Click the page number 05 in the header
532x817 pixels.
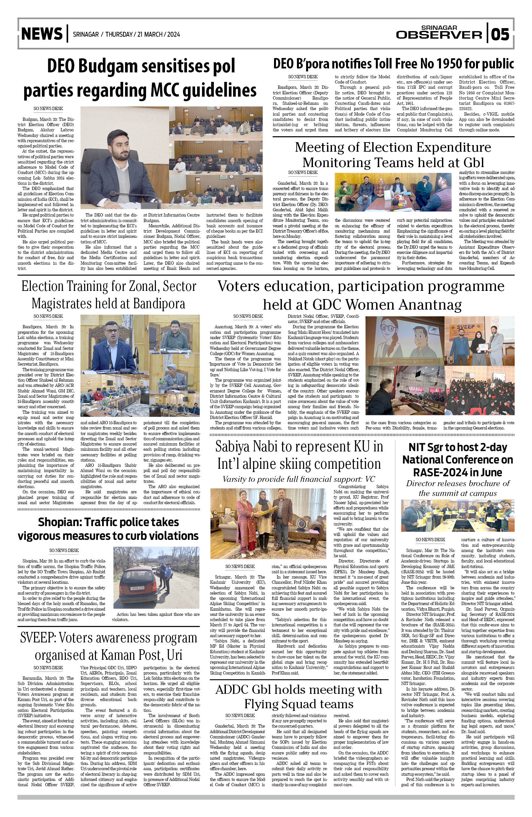pos(501,34)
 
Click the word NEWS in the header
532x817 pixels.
pos(42,34)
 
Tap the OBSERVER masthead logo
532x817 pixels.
pos(439,34)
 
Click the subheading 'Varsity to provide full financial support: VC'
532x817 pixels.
pos(299,479)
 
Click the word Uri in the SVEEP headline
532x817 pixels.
pos(174,655)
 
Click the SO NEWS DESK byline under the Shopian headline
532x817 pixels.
pos(64,550)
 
